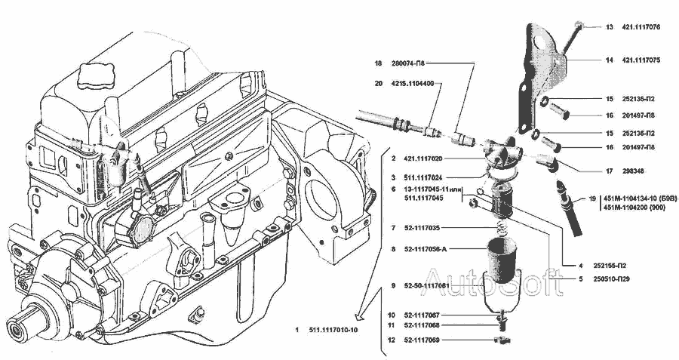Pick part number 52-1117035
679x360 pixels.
tap(427, 228)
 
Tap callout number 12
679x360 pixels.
tap(392, 340)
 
